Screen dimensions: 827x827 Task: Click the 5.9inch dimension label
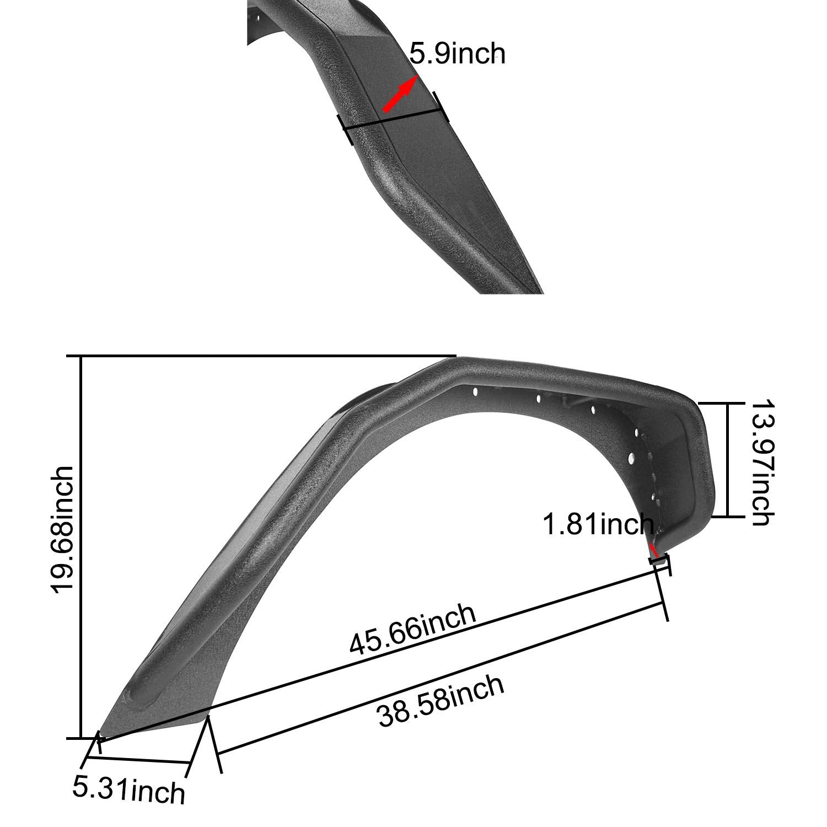coord(457,55)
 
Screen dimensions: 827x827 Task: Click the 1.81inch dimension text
coord(598,524)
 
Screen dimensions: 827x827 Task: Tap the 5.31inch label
coord(128,790)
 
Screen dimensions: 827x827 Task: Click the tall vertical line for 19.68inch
coord(82,546)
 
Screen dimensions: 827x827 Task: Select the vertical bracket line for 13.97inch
coord(728,460)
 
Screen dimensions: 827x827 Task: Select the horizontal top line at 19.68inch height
coord(265,357)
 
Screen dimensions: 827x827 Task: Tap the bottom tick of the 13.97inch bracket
coord(727,517)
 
